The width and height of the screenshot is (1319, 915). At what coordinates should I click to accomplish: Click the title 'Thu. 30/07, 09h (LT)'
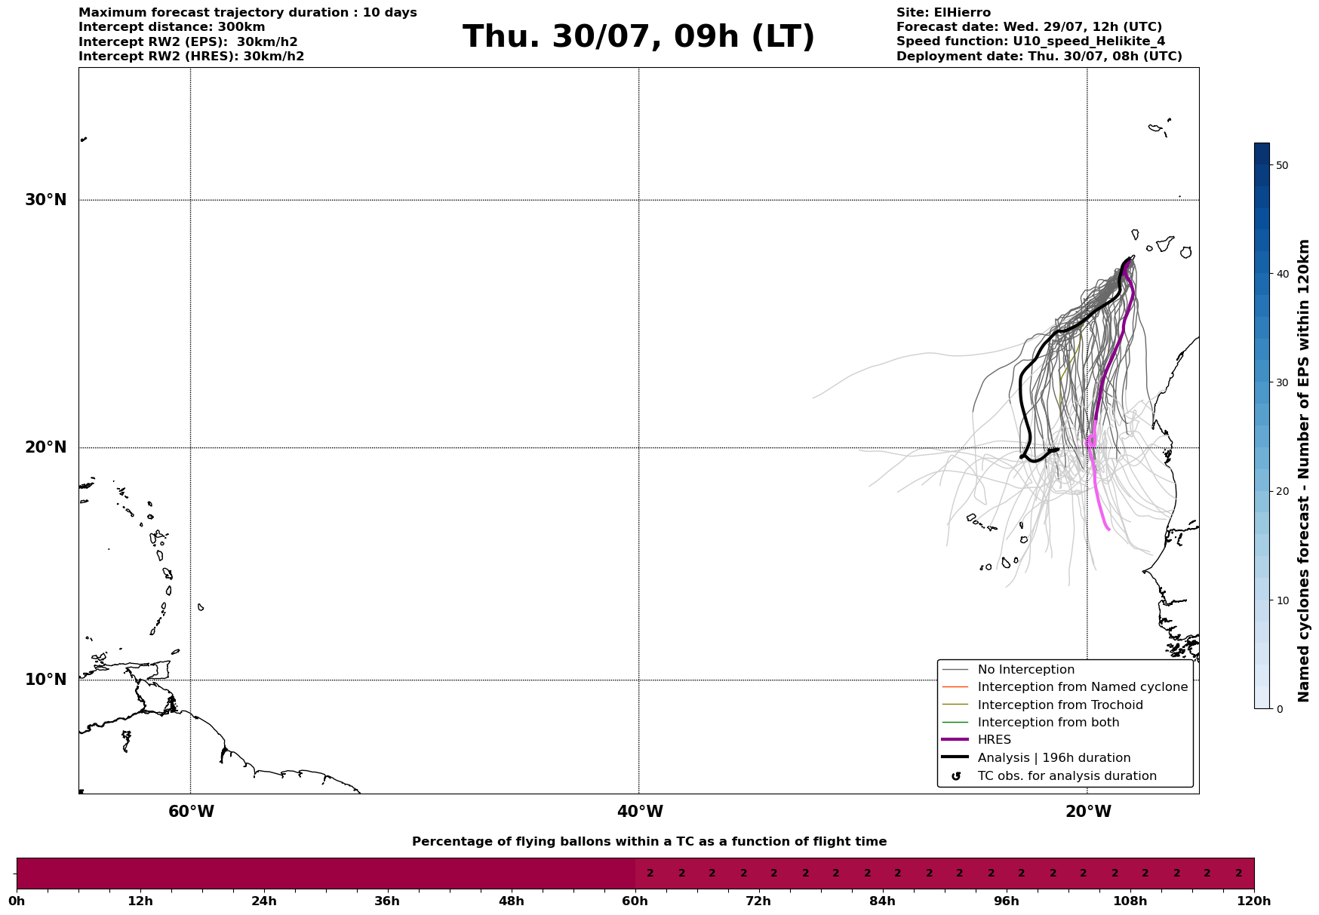[x=638, y=37]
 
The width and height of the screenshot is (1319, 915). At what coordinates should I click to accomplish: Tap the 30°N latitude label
[x=46, y=200]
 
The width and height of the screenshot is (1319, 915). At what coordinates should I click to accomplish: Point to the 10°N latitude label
[x=46, y=680]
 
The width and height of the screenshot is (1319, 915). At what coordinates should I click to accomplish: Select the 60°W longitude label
[x=191, y=812]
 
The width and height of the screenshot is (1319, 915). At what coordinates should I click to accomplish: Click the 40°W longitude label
[x=640, y=812]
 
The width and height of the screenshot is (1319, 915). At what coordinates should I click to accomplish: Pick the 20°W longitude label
[x=1088, y=812]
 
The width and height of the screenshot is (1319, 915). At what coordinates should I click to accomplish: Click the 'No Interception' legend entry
[x=1025, y=670]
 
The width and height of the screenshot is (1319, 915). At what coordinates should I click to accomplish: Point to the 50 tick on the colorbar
[x=1282, y=165]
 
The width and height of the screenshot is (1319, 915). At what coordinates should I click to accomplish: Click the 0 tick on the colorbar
[x=1279, y=709]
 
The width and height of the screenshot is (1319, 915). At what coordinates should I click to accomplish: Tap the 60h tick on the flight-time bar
[x=635, y=901]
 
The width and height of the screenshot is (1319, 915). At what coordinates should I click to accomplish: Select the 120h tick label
[x=1254, y=901]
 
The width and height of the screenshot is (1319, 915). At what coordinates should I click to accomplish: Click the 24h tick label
[x=264, y=901]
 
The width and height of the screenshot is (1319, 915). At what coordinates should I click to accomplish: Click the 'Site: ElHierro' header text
[x=943, y=13]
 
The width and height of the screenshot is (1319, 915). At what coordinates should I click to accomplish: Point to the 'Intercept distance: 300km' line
[x=171, y=27]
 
